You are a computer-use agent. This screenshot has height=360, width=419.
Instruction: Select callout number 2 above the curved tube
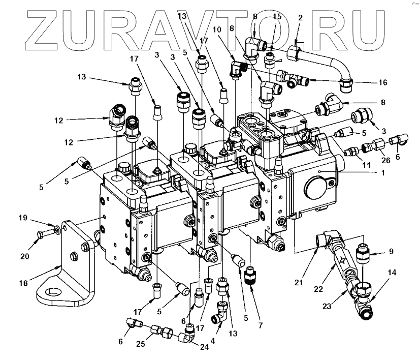[300, 18]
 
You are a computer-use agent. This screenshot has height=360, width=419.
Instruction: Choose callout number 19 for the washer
[24, 218]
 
